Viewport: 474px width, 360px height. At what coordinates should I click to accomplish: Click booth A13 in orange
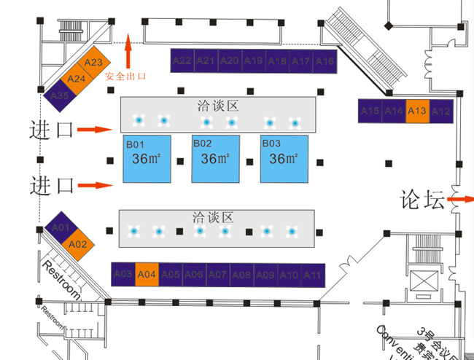417,110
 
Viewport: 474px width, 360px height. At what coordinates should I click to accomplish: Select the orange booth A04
147,274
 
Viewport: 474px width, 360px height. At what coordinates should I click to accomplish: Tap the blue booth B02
216,158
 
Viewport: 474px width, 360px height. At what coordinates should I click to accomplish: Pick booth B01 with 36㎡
147,158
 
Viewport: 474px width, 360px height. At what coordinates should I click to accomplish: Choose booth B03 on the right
285,158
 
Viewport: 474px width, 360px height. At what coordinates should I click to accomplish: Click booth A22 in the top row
182,60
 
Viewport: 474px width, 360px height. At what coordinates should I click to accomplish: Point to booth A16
325,61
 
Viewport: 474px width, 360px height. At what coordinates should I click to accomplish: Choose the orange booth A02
77,244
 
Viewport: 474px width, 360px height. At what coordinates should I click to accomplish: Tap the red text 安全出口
126,76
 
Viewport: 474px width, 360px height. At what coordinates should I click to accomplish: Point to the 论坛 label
421,199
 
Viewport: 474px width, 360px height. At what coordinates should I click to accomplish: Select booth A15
370,110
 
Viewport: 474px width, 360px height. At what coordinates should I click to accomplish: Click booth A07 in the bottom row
217,274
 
